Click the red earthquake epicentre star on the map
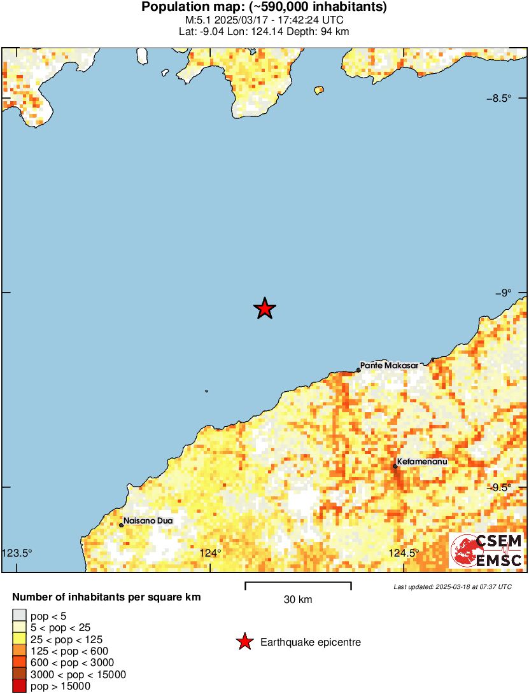(265, 309)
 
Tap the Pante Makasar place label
(389, 366)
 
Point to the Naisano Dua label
(148, 520)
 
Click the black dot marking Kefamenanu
(395, 466)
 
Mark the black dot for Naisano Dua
(121, 525)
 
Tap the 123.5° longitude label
(17, 552)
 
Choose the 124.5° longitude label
(404, 552)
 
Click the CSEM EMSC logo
(486, 550)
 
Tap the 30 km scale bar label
(297, 599)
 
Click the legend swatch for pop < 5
(20, 615)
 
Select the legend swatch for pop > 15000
(20, 686)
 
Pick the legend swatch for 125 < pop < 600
(20, 651)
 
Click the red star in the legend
(244, 642)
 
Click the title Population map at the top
(264, 8)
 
